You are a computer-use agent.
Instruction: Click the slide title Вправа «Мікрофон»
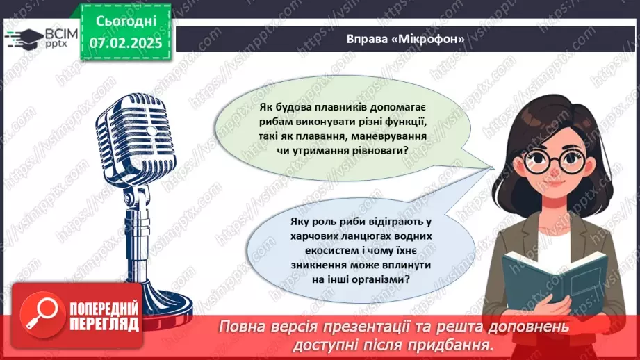click(405, 39)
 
